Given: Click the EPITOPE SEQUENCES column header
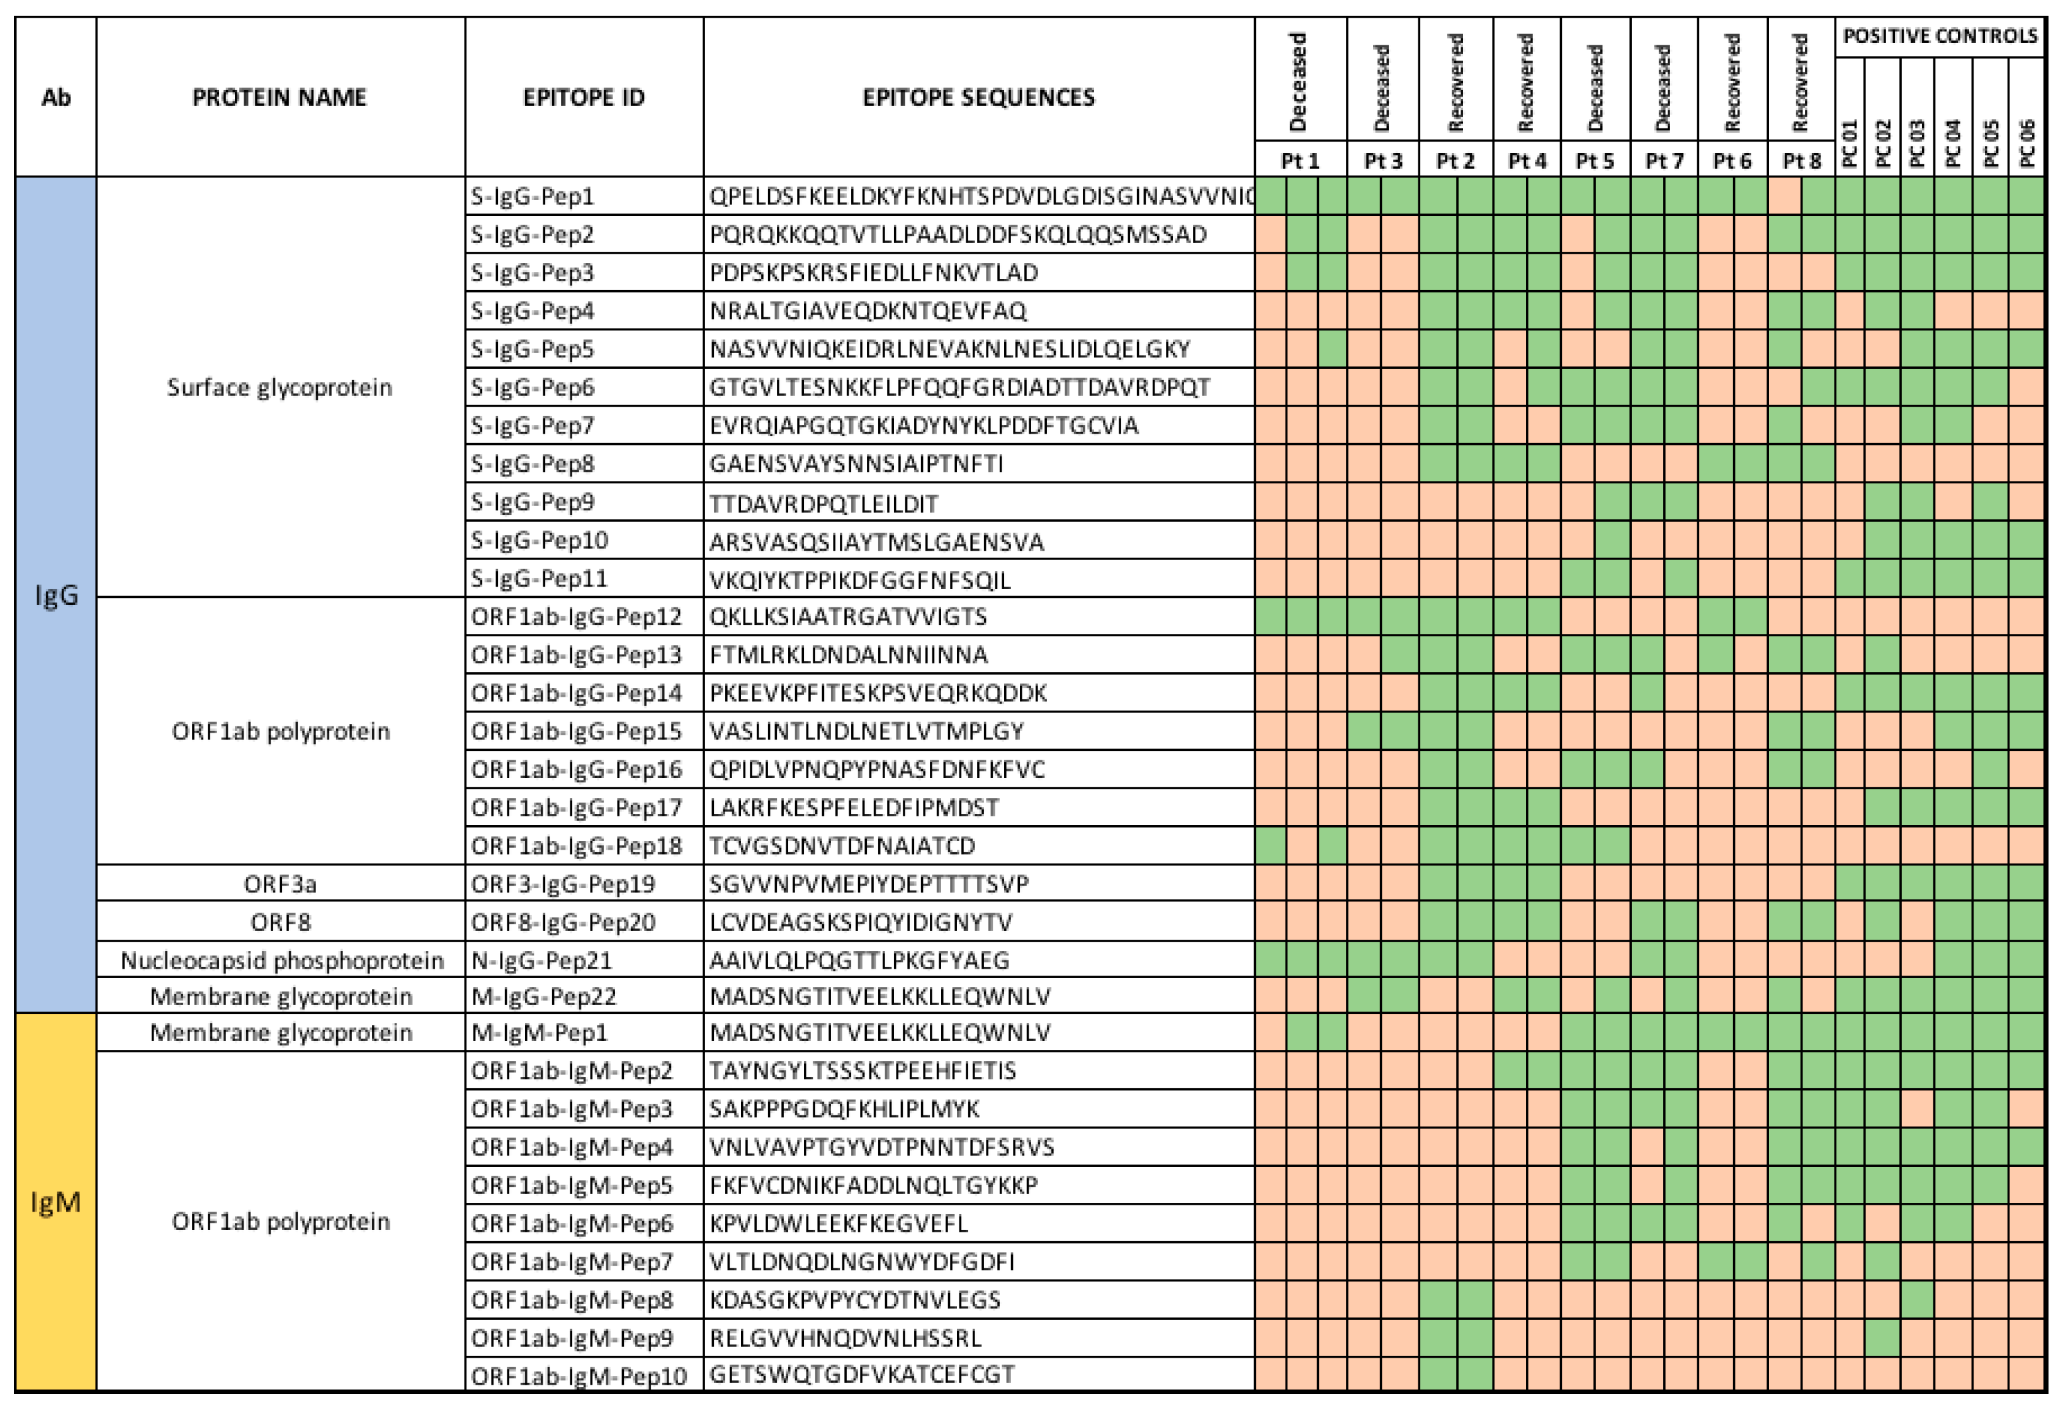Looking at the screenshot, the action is point(978,97).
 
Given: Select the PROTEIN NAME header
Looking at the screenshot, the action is point(280,97).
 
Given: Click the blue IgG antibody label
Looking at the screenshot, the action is point(56,594).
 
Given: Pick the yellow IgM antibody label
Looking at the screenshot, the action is point(56,1202).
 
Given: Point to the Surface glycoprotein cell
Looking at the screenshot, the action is point(280,387).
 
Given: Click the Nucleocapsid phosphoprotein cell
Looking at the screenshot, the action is point(281,960).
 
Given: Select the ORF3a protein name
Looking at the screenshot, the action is point(281,883).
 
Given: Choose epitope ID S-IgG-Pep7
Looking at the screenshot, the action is point(533,425).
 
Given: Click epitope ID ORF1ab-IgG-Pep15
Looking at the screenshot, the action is point(576,731).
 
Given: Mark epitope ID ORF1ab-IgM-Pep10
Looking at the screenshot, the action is point(579,1376).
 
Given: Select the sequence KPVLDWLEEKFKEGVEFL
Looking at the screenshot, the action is point(838,1224).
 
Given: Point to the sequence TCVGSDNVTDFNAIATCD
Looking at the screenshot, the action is point(842,845).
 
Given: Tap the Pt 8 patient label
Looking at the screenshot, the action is point(1801,161).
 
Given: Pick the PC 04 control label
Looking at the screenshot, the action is point(1953,143).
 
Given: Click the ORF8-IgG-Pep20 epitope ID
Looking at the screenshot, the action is point(563,921).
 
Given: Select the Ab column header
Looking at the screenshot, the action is point(56,97).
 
